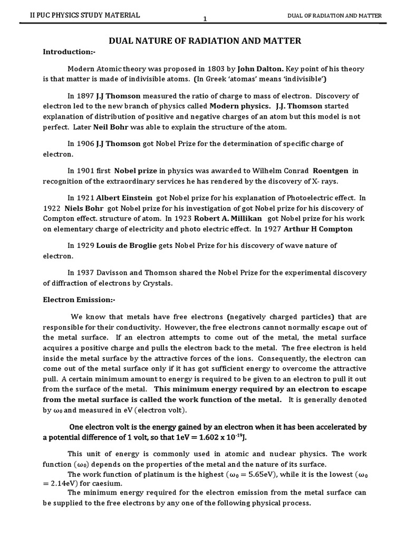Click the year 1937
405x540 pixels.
[88, 273]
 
